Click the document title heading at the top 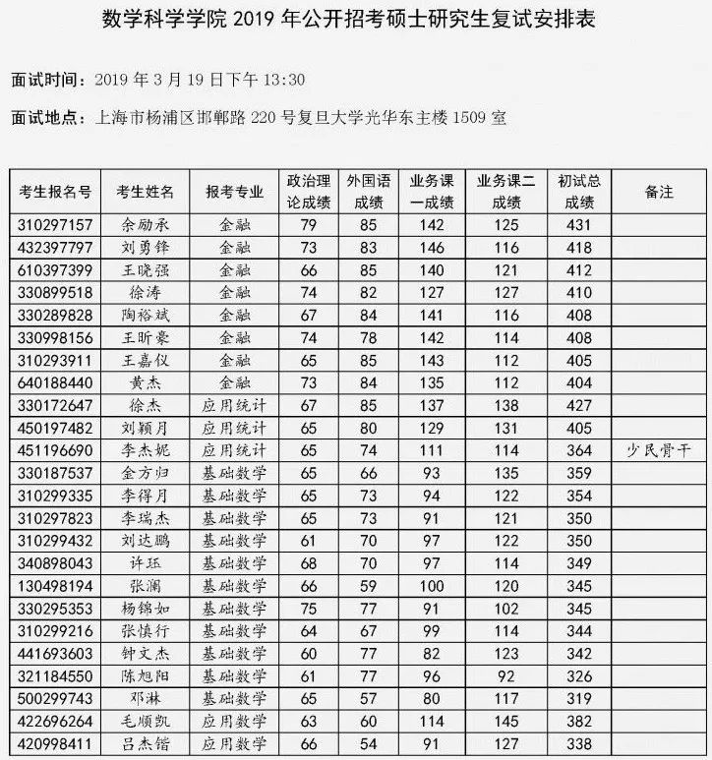coord(355,21)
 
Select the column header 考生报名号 coord(56,192)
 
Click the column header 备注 coord(659,192)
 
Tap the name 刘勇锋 coord(146,248)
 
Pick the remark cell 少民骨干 coord(659,450)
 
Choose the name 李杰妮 coord(146,450)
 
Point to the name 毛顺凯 coord(146,721)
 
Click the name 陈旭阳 coord(146,675)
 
